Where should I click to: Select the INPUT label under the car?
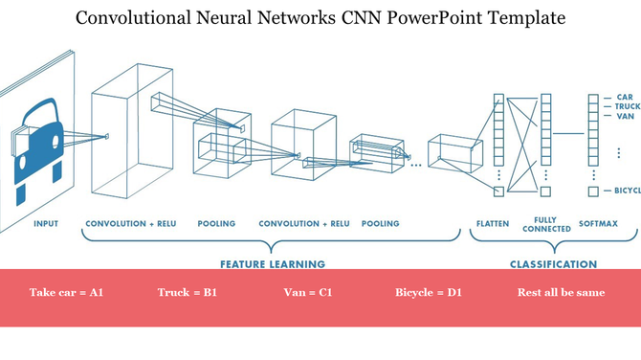[45, 224]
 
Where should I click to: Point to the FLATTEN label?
[493, 224]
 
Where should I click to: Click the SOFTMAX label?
[598, 224]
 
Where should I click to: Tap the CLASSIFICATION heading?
[554, 263]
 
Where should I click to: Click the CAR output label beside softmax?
[624, 97]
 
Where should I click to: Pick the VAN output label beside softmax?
[625, 116]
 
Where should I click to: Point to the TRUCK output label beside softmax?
[627, 106]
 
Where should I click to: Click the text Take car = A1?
[66, 292]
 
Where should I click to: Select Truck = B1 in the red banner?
[188, 292]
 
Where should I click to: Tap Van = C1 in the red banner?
[308, 292]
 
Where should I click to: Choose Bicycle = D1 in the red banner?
[429, 292]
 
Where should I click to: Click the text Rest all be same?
[561, 292]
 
